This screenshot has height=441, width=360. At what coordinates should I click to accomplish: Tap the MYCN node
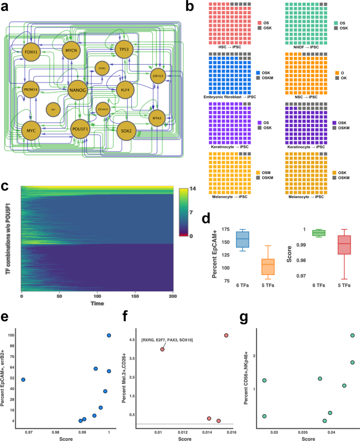point(71,50)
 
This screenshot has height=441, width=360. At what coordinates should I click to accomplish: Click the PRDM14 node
point(31,90)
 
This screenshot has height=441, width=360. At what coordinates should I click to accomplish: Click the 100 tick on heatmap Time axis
point(96,297)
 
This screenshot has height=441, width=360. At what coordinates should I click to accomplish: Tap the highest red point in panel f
point(226,335)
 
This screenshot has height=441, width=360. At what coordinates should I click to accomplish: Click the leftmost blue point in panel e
point(23,380)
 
